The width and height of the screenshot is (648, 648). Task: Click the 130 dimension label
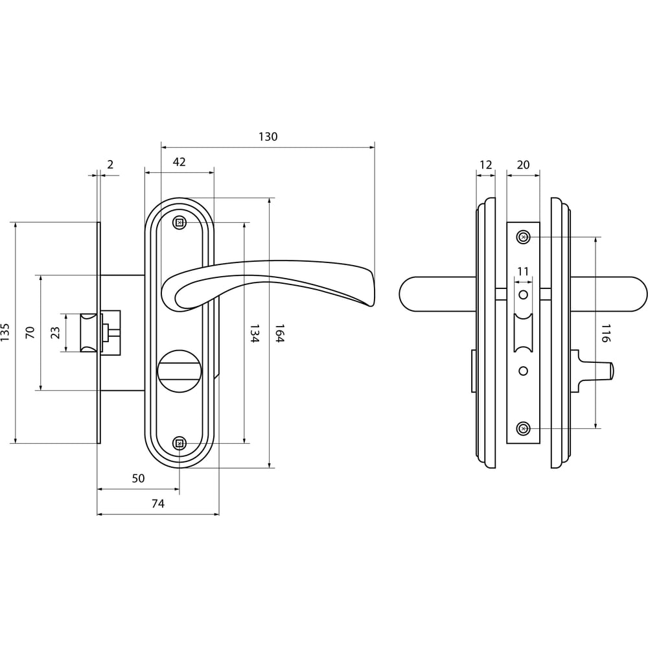click(268, 137)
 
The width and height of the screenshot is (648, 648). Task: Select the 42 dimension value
click(179, 162)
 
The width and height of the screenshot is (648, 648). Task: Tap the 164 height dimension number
click(280, 333)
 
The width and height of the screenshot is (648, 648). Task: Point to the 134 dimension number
click(255, 333)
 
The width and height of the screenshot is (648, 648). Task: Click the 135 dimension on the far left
click(5, 332)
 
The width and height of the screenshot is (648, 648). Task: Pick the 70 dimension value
click(30, 332)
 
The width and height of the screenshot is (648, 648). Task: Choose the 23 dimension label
click(55, 332)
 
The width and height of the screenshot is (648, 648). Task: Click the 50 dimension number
click(138, 478)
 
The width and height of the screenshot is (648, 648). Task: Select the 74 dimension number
click(158, 503)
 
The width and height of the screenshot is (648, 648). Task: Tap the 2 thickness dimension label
click(110, 165)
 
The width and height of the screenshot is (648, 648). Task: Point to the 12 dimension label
click(486, 165)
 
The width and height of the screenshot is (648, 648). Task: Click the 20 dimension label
click(523, 165)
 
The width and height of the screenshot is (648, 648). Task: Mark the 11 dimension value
click(523, 272)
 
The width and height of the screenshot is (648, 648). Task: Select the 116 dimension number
click(605, 333)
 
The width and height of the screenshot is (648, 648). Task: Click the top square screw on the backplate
click(179, 223)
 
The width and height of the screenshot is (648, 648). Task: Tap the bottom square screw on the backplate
click(179, 443)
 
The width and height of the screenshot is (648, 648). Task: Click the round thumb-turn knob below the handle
click(179, 371)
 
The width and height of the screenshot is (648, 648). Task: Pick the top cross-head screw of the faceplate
click(523, 237)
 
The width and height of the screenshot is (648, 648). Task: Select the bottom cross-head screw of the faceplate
click(523, 428)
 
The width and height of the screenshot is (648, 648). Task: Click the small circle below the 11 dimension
click(523, 295)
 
